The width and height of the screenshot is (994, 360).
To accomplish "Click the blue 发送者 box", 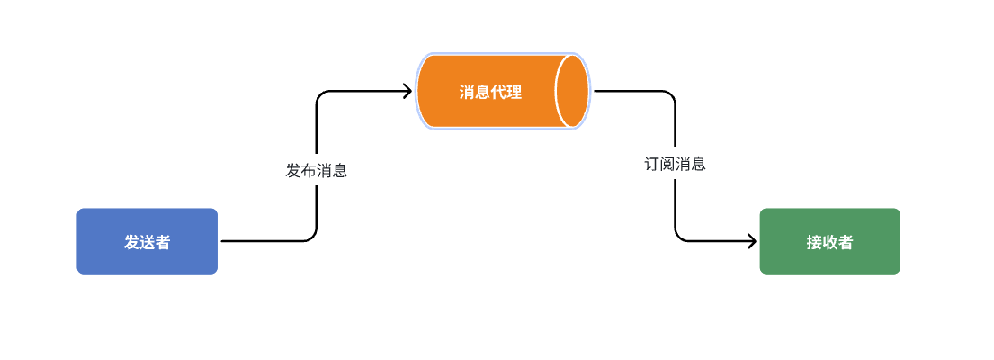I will [147, 241].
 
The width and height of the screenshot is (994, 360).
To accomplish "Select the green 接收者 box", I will [829, 241].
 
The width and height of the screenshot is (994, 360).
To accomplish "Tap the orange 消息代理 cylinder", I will [490, 92].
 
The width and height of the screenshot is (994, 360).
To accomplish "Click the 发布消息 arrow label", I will [316, 171].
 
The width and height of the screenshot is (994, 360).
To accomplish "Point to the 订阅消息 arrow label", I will [675, 165].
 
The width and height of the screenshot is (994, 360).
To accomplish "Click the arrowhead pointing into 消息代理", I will [407, 91].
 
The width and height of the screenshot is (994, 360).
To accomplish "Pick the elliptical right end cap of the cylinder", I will [572, 92].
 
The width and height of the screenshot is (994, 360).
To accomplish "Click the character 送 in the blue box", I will [147, 242].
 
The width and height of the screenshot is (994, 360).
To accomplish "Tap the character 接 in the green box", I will [814, 242].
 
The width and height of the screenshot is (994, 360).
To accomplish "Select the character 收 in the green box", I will [829, 242].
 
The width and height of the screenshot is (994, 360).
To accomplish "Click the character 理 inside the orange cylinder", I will [514, 92].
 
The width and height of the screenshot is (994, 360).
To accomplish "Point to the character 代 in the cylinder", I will [498, 92].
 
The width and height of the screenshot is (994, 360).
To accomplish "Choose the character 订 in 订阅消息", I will [651, 165].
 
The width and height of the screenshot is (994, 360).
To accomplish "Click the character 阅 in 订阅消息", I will [667, 165].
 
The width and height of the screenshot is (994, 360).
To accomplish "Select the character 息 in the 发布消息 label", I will [339, 171].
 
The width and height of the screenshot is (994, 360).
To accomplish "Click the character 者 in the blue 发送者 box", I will [162, 242].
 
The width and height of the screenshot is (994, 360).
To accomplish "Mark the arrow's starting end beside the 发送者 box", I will [222, 241].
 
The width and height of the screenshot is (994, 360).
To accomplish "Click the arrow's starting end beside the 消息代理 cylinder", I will [596, 91].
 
